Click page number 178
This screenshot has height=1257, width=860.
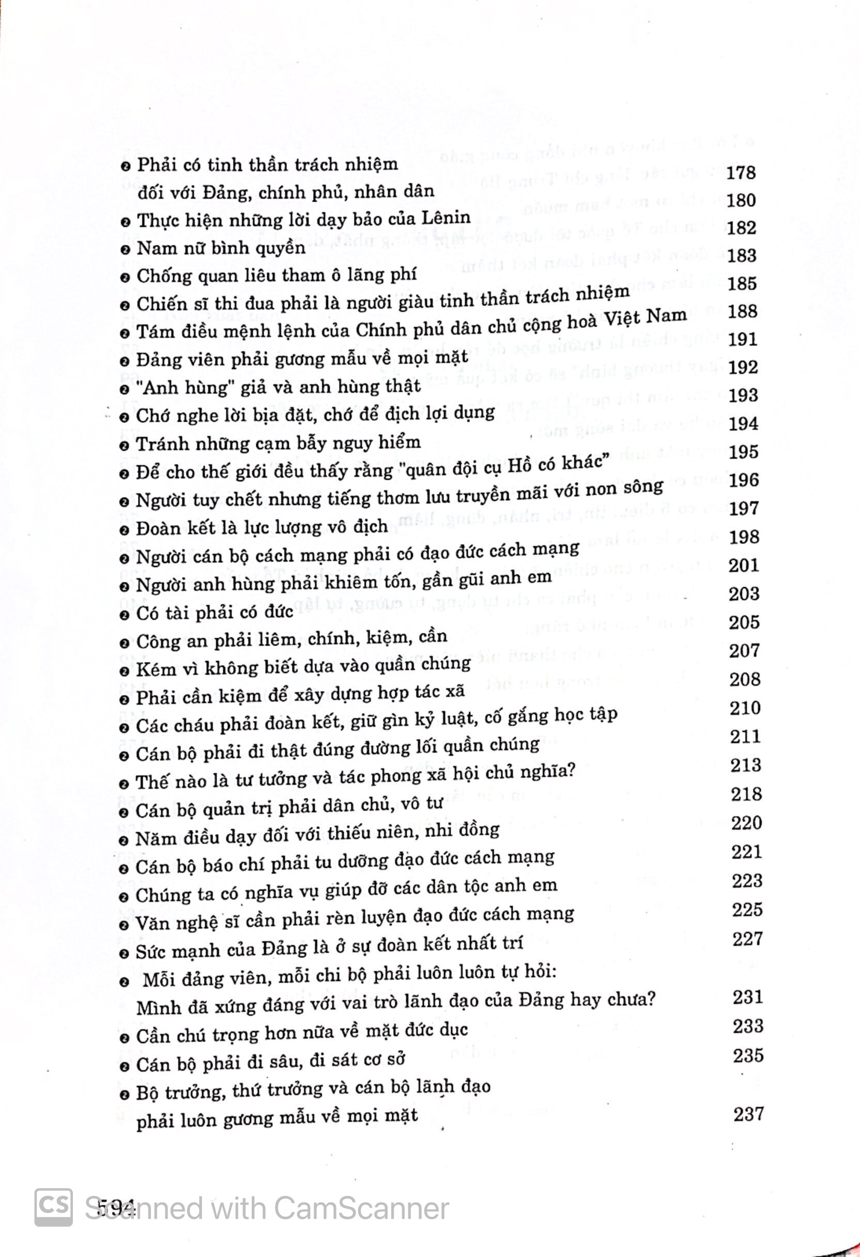pos(740,173)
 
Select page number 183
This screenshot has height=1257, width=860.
pos(742,255)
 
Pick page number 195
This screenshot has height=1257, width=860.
pos(743,452)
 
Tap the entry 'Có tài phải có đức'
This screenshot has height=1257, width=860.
pos(214,612)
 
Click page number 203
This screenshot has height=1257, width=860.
pos(744,594)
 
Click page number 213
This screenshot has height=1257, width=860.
pos(745,765)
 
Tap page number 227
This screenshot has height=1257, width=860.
pos(747,939)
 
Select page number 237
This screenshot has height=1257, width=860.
pos(748,1114)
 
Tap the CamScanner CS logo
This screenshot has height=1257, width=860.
pos(54,1207)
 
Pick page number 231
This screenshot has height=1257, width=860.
pos(748,997)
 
